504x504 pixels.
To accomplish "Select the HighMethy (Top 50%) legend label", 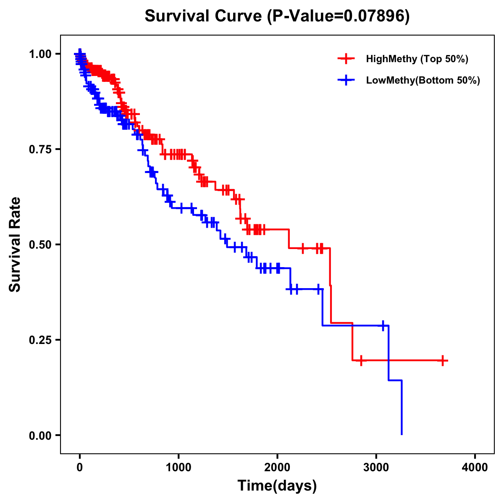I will coord(417,59).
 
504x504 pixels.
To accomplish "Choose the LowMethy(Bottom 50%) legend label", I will coord(423,80).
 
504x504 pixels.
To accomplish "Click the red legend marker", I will coord(346,59).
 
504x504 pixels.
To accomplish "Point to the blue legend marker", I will coord(346,80).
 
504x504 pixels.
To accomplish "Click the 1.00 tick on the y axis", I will coord(40,54).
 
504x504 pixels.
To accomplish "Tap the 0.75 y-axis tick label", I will coord(40,150).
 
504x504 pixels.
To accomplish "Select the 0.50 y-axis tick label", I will coord(40,245).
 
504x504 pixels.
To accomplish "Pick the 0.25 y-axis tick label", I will coord(40,340).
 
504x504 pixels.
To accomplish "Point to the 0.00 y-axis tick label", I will coord(40,436).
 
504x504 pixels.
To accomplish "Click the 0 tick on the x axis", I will coord(80,467).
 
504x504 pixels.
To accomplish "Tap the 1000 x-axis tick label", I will coord(178,467).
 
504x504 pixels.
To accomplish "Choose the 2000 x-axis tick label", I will coord(277,467).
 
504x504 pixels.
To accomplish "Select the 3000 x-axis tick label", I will coord(376,467).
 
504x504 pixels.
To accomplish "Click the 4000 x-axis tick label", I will coord(475,467).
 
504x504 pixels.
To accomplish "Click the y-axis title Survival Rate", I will coord(15,244).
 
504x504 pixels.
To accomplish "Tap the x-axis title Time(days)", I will coord(277,486).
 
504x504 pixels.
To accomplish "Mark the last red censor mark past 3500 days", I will coord(443,360).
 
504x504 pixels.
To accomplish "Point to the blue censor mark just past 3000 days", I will coord(383,325).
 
